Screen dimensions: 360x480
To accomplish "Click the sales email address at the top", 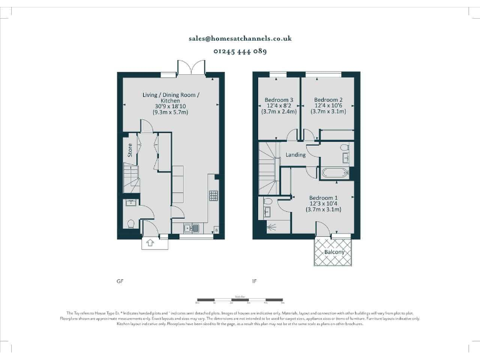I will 240,38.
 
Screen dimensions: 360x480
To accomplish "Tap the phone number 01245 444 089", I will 240,51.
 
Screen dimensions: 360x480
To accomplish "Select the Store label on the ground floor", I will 130,150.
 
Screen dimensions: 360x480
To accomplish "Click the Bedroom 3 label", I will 279,100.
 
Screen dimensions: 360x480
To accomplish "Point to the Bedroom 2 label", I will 328,100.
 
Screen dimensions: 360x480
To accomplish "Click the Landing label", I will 296,154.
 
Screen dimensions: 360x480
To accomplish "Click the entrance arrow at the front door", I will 150,243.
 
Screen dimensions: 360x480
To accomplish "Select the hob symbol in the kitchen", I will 213,196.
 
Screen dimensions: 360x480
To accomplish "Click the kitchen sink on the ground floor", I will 192,228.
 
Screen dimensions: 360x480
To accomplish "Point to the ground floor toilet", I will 130,223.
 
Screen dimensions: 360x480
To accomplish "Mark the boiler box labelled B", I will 216,229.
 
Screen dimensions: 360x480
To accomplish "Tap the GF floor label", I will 120,281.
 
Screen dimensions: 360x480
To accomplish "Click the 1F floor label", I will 254,281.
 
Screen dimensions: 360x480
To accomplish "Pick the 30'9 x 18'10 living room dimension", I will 171,107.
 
